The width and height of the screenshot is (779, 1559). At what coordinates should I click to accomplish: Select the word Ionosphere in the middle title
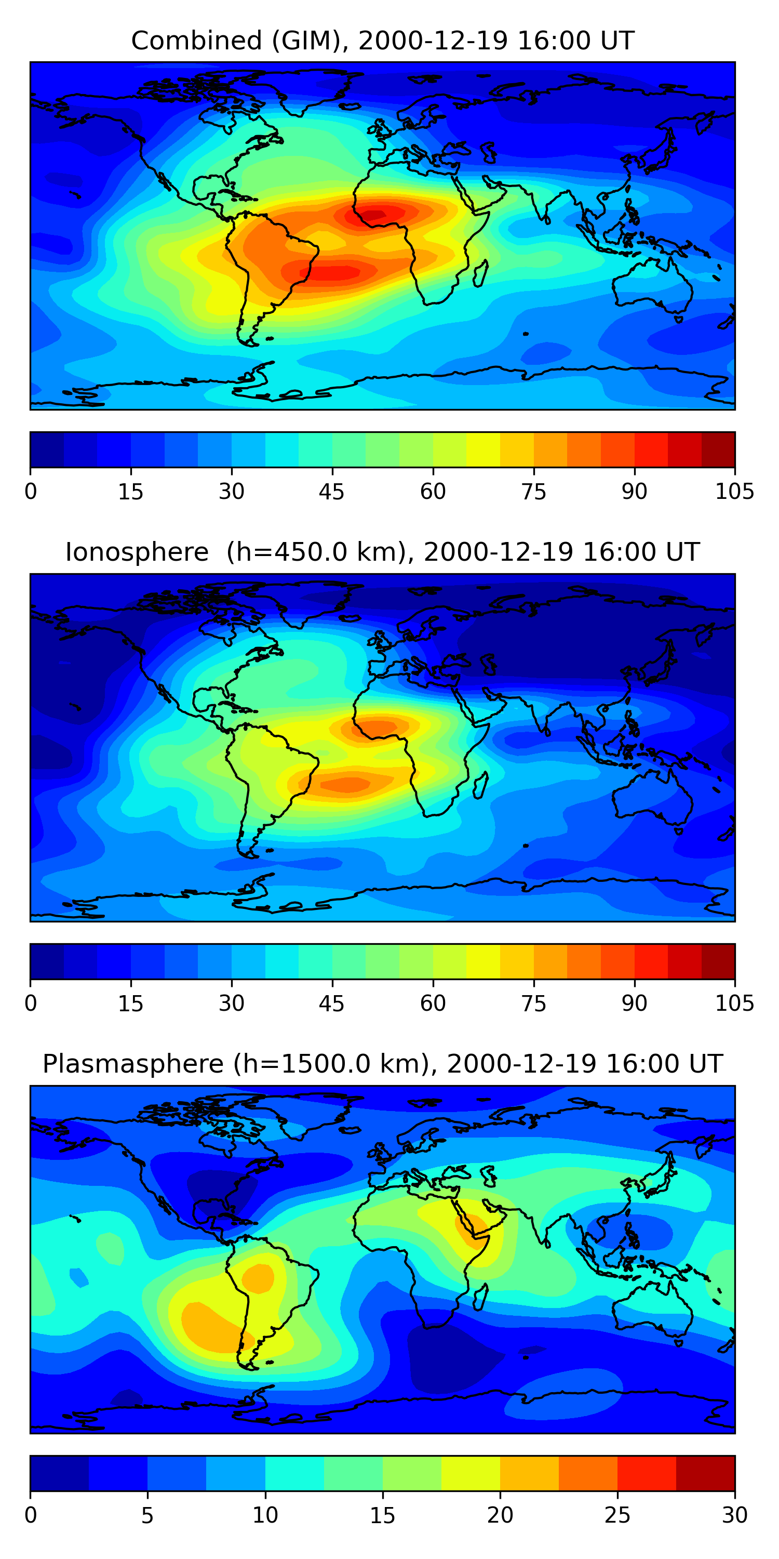[137, 552]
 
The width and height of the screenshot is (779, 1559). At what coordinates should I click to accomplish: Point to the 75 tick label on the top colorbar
[533, 492]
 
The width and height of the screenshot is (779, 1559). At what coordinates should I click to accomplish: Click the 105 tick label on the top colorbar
[734, 492]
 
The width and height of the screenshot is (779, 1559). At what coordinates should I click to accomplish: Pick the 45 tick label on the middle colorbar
[331, 1003]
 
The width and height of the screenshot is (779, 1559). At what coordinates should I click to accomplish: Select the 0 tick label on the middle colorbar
[31, 1003]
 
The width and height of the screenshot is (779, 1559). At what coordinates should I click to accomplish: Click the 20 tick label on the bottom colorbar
[500, 1515]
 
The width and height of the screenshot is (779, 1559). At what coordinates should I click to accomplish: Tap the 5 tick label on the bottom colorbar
[147, 1515]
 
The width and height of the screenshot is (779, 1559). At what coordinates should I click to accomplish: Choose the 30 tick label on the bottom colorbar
[734, 1515]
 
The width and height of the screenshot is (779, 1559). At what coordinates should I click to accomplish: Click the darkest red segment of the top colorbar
[718, 450]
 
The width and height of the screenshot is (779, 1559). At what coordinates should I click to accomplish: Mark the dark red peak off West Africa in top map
[375, 214]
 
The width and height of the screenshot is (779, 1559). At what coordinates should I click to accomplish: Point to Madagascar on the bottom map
[481, 1297]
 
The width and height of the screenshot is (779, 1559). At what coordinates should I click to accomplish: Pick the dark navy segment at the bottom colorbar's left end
[59, 1473]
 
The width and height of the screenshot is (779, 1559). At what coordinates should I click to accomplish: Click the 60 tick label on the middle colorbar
[433, 1003]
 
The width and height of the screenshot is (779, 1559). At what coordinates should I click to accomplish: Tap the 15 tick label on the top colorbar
[131, 492]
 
